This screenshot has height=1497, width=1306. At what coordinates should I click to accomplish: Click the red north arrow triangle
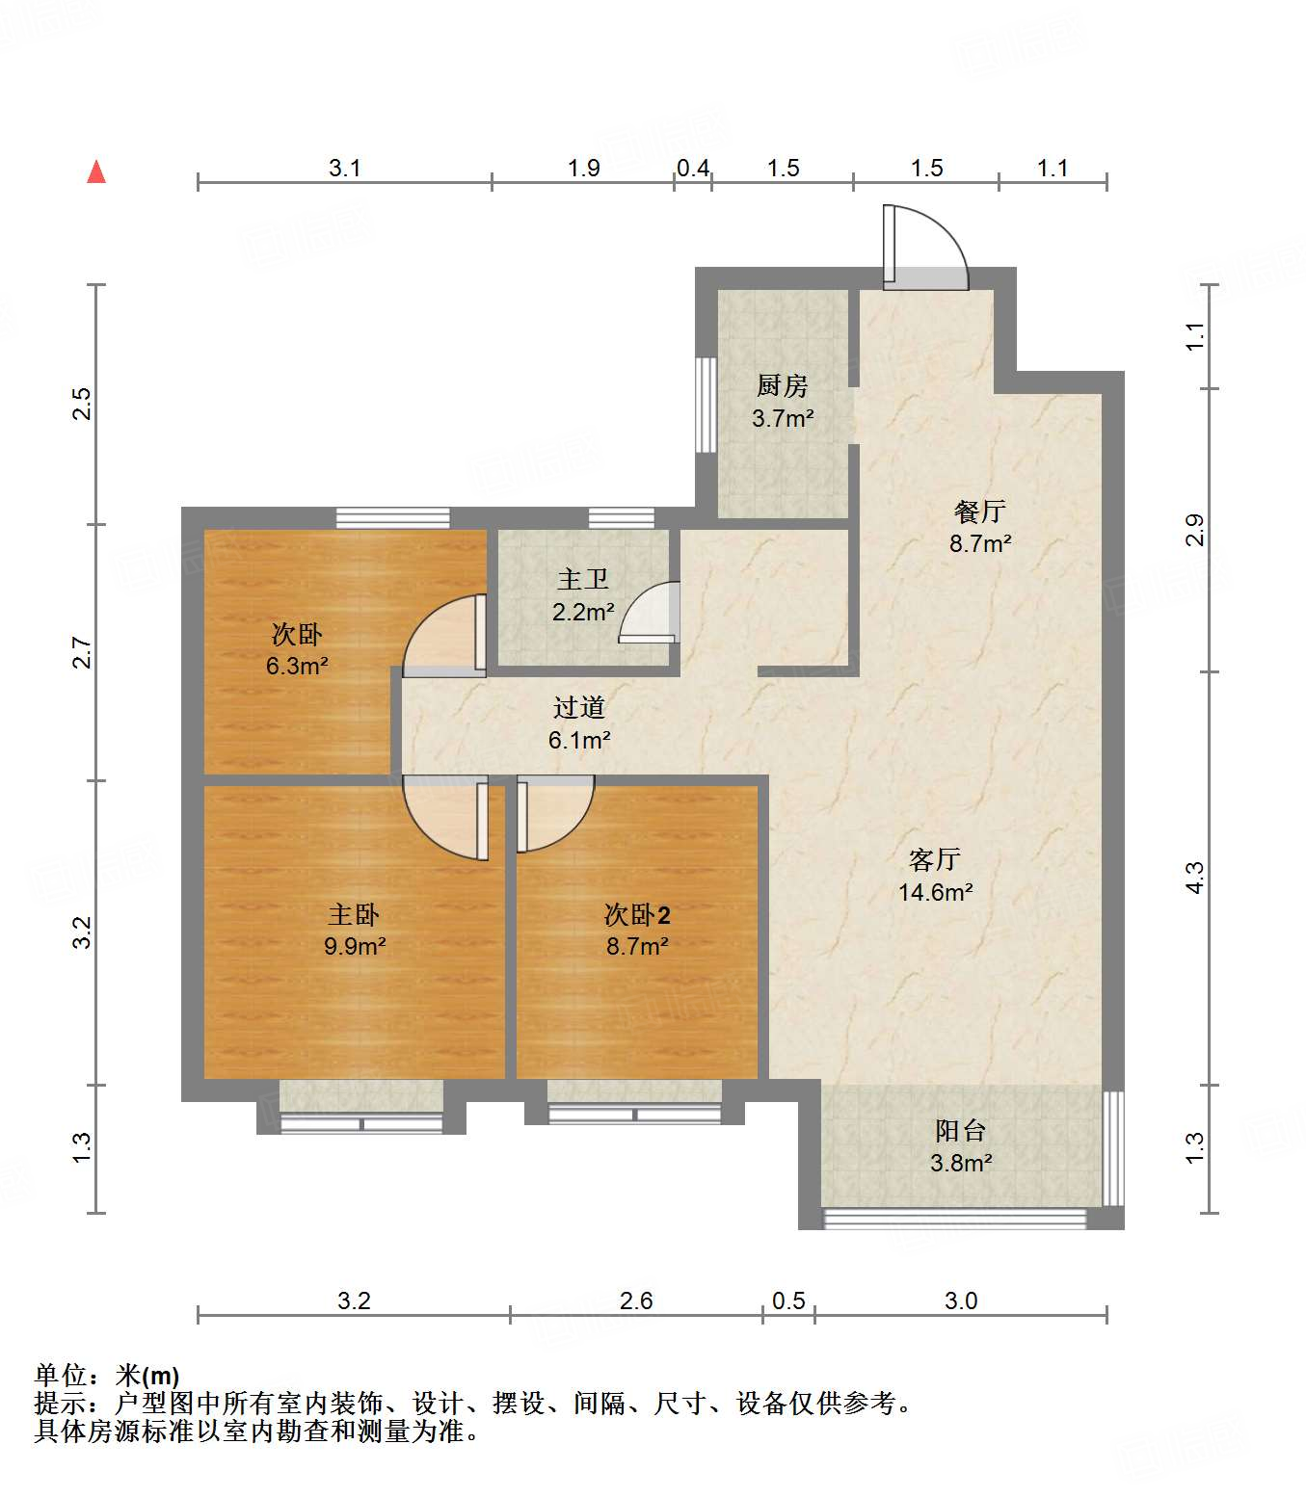tap(96, 172)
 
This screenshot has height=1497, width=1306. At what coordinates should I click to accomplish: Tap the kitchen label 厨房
tap(782, 386)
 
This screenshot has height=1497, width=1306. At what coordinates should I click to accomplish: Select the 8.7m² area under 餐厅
tap(980, 543)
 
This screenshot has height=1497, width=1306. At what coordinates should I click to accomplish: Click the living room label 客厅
tap(934, 859)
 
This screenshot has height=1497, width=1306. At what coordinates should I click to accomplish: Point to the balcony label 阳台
tap(960, 1131)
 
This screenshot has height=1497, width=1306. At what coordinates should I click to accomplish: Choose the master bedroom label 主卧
tap(354, 914)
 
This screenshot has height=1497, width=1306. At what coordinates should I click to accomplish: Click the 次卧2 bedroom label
tap(636, 914)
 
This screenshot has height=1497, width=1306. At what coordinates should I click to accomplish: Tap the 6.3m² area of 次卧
tap(297, 666)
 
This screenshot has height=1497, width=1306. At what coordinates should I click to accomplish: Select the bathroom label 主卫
tap(582, 580)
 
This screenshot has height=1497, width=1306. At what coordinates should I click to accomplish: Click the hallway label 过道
tap(579, 708)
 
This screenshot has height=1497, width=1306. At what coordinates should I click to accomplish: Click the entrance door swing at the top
tap(925, 247)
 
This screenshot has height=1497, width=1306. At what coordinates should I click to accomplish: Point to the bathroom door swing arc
tap(650, 613)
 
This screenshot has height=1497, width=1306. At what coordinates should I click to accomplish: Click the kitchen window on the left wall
tap(706, 405)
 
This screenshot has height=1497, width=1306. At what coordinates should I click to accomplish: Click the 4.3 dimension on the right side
tap(1194, 878)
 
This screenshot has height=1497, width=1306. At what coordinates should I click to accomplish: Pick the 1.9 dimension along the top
tap(583, 169)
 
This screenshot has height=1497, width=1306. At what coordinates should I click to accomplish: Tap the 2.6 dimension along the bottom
tap(636, 1301)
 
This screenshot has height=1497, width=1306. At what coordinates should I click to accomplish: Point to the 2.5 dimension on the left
tap(83, 403)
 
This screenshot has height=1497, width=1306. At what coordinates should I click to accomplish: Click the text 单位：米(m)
tap(107, 1376)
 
